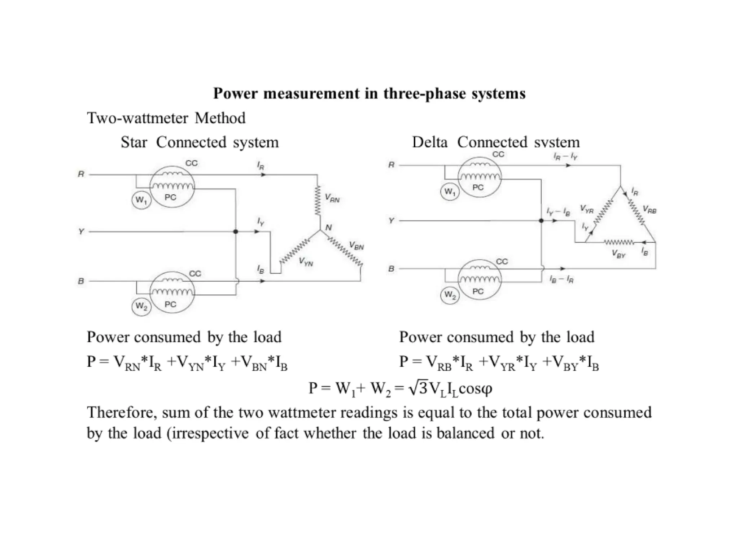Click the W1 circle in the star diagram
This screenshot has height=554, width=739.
coord(141,199)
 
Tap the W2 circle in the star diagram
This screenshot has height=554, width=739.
coord(141,307)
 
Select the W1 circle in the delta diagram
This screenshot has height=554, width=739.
coord(450,192)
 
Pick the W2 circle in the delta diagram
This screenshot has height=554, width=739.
coord(450,295)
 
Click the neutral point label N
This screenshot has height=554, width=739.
coord(328,228)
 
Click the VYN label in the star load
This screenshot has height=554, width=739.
coord(306,262)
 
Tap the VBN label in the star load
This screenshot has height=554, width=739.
coord(356,246)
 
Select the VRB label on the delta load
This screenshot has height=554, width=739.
coord(649,209)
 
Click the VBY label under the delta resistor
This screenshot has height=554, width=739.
coord(618,254)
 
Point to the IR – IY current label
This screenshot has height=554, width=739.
coord(565,157)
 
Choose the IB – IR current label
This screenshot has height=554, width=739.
coord(561,279)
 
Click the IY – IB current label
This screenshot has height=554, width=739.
coord(558,212)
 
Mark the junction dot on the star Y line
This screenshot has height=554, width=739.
coord(236,232)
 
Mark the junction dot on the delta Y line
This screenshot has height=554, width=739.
coord(541,221)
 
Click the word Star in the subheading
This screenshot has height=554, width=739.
coord(134,142)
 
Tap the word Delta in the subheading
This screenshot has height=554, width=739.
coord(430,142)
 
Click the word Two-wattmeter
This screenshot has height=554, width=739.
coord(137,118)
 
